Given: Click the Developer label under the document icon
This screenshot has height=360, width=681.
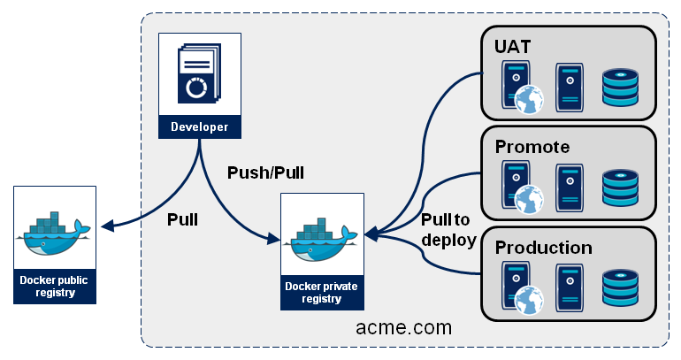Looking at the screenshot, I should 199,126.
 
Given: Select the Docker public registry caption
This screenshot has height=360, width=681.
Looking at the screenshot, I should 54,287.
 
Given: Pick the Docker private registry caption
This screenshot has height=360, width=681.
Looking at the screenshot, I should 322,292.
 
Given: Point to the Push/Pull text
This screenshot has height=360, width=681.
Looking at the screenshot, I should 265,173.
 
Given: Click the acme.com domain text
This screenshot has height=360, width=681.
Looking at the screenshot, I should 403,327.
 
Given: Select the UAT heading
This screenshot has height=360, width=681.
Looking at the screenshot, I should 514,46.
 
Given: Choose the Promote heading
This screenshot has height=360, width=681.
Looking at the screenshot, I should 532,146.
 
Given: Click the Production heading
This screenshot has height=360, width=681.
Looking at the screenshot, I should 543,247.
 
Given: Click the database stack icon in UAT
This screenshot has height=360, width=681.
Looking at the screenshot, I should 619,87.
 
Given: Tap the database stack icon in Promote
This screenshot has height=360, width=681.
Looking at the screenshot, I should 619,188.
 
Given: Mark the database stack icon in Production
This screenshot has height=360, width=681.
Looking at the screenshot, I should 619,288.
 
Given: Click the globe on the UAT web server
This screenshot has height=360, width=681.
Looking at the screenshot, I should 528,99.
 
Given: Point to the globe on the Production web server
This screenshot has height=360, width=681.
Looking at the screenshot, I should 528,301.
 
